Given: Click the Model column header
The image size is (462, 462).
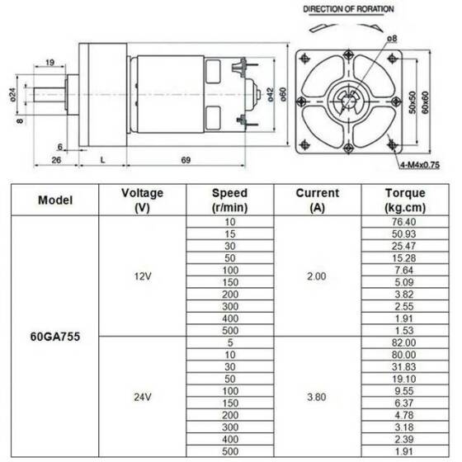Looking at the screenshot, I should click(55, 200).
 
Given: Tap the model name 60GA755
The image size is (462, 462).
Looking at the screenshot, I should click(55, 337).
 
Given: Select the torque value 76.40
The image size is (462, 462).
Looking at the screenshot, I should click(405, 223).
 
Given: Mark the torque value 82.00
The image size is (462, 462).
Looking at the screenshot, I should click(405, 342).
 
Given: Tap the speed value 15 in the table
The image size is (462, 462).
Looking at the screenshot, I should click(229, 235).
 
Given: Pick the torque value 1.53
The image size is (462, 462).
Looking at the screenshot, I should click(405, 330).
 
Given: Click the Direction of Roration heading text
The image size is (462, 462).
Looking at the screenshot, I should click(348, 9).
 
